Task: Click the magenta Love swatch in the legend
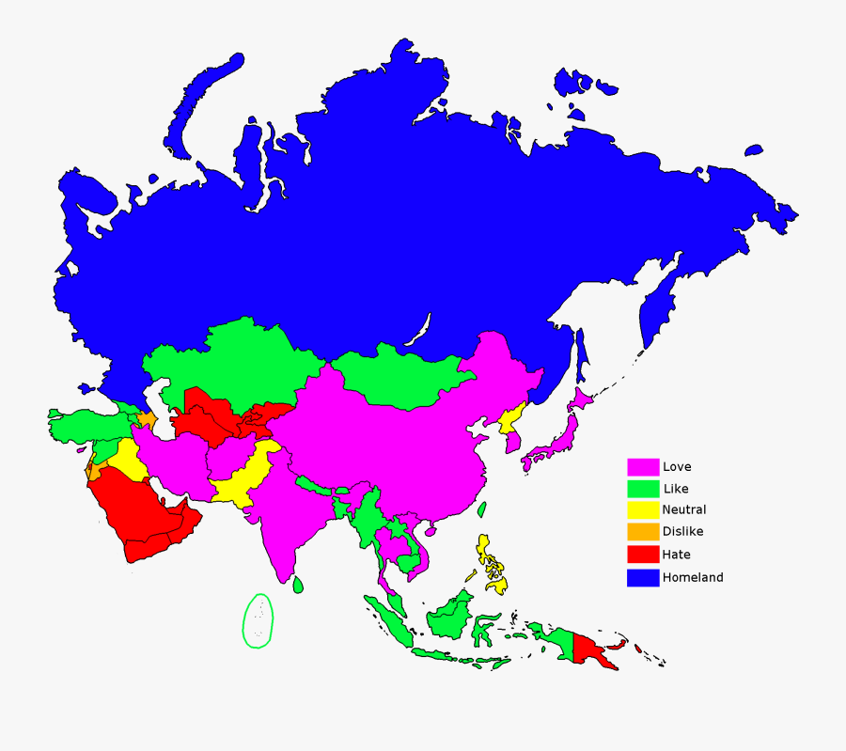(x=643, y=467)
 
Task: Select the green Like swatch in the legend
(x=643, y=489)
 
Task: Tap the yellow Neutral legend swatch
(x=643, y=510)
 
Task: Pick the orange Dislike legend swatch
(x=643, y=532)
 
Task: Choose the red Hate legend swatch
(x=643, y=555)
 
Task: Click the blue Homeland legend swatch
(x=643, y=577)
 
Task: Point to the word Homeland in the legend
(x=693, y=577)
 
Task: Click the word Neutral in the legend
(x=683, y=510)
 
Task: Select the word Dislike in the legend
(x=682, y=532)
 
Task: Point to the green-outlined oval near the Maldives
(x=258, y=620)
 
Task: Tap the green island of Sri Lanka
(x=298, y=585)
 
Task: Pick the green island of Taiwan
(x=482, y=510)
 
